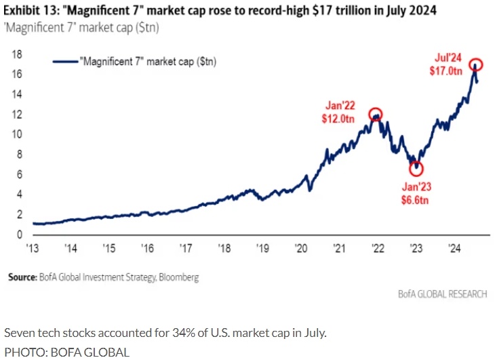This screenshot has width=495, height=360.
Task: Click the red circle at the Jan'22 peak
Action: [x=375, y=115]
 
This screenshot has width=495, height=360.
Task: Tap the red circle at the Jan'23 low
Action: [x=416, y=168]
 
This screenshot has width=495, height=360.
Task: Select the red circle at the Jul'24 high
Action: [x=476, y=65]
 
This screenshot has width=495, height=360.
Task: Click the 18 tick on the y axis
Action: [x=18, y=54]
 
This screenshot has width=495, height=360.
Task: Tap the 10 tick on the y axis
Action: [x=18, y=134]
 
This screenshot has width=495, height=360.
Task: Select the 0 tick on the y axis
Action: [x=21, y=235]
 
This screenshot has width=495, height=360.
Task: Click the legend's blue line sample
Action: [x=66, y=61]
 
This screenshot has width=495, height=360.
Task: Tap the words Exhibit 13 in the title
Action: [x=31, y=10]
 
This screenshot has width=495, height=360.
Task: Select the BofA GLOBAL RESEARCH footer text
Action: [x=441, y=294]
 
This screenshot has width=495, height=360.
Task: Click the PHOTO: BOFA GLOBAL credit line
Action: [x=66, y=351]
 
